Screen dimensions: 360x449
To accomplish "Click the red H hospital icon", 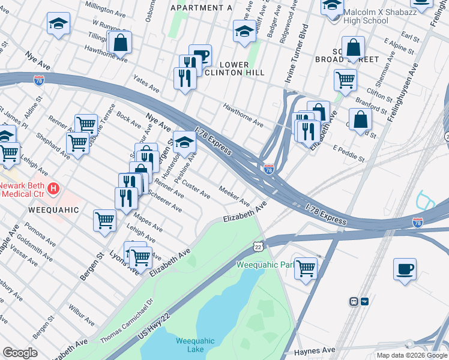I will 53,189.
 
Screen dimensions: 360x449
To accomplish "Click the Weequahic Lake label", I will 195,345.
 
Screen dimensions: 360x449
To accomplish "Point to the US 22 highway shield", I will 258,247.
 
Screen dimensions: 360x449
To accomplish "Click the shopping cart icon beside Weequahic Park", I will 306,268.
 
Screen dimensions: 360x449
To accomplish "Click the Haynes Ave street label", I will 315,350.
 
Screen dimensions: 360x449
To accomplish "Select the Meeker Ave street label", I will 234,194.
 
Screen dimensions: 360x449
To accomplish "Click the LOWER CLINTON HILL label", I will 243,68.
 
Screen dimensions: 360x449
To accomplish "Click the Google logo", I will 20,353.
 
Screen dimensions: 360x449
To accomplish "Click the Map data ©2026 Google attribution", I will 412,355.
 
